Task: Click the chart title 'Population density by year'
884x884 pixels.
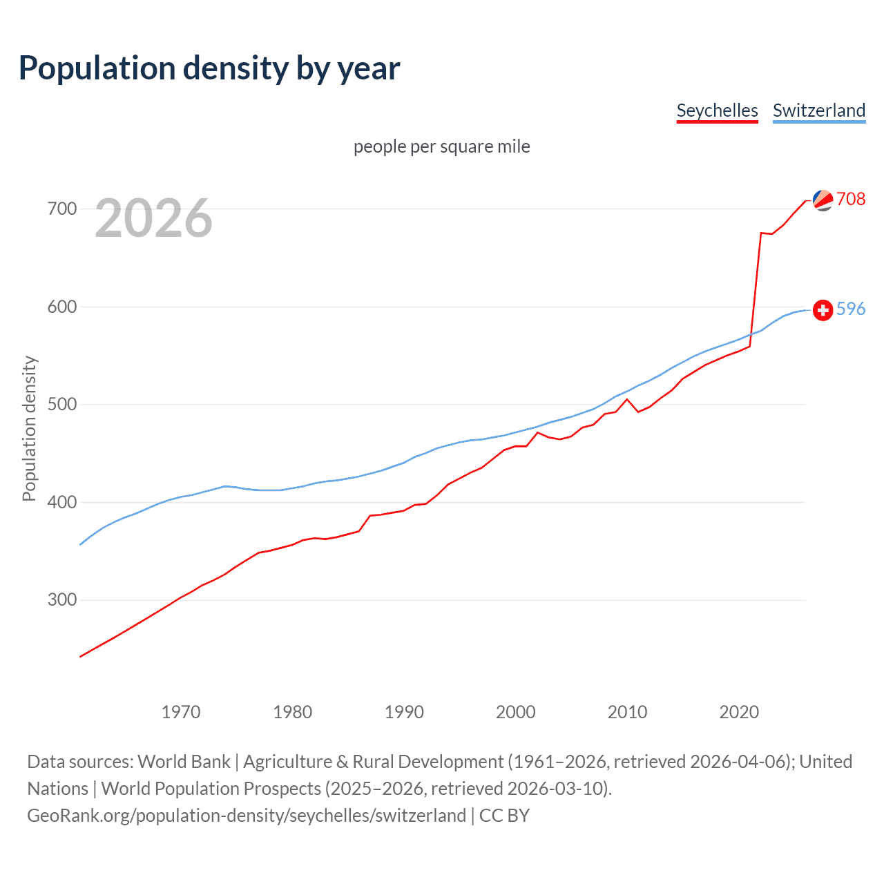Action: (209, 68)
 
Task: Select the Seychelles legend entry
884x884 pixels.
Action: (717, 110)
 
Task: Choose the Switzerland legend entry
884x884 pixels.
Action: (818, 110)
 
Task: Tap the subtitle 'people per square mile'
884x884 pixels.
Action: (441, 146)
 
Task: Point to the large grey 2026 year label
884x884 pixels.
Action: (153, 218)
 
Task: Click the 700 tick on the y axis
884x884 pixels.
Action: (62, 209)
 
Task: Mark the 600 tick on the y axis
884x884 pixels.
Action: (62, 307)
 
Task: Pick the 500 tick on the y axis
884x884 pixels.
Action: (62, 404)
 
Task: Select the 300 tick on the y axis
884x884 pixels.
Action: (62, 599)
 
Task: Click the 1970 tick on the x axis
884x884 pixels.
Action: (181, 712)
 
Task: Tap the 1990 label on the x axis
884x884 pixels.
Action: (404, 712)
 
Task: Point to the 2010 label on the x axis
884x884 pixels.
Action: (627, 712)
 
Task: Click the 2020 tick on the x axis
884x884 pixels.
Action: (739, 712)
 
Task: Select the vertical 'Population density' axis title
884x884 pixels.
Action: (29, 428)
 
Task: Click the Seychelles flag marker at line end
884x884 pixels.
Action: (823, 200)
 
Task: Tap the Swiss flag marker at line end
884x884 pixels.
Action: (823, 310)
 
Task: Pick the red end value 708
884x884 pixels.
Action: (851, 199)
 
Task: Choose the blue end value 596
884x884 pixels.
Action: (851, 309)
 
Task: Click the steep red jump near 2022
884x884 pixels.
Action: (756, 290)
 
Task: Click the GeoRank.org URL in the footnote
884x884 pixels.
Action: (247, 816)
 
